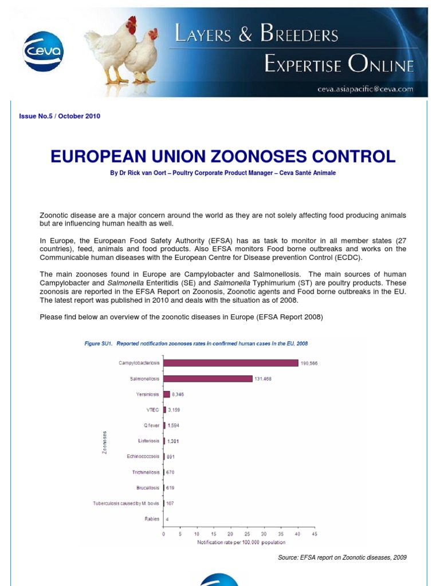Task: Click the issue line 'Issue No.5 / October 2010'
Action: pyautogui.click(x=60, y=116)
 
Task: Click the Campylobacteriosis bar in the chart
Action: pyautogui.click(x=231, y=363)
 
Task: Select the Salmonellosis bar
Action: pyautogui.click(x=208, y=378)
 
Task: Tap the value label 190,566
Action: pyautogui.click(x=309, y=363)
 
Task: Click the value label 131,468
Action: pyautogui.click(x=264, y=379)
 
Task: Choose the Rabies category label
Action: pyautogui.click(x=153, y=519)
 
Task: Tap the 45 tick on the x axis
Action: pyautogui.click(x=314, y=533)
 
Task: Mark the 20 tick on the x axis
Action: pyautogui.click(x=230, y=533)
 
